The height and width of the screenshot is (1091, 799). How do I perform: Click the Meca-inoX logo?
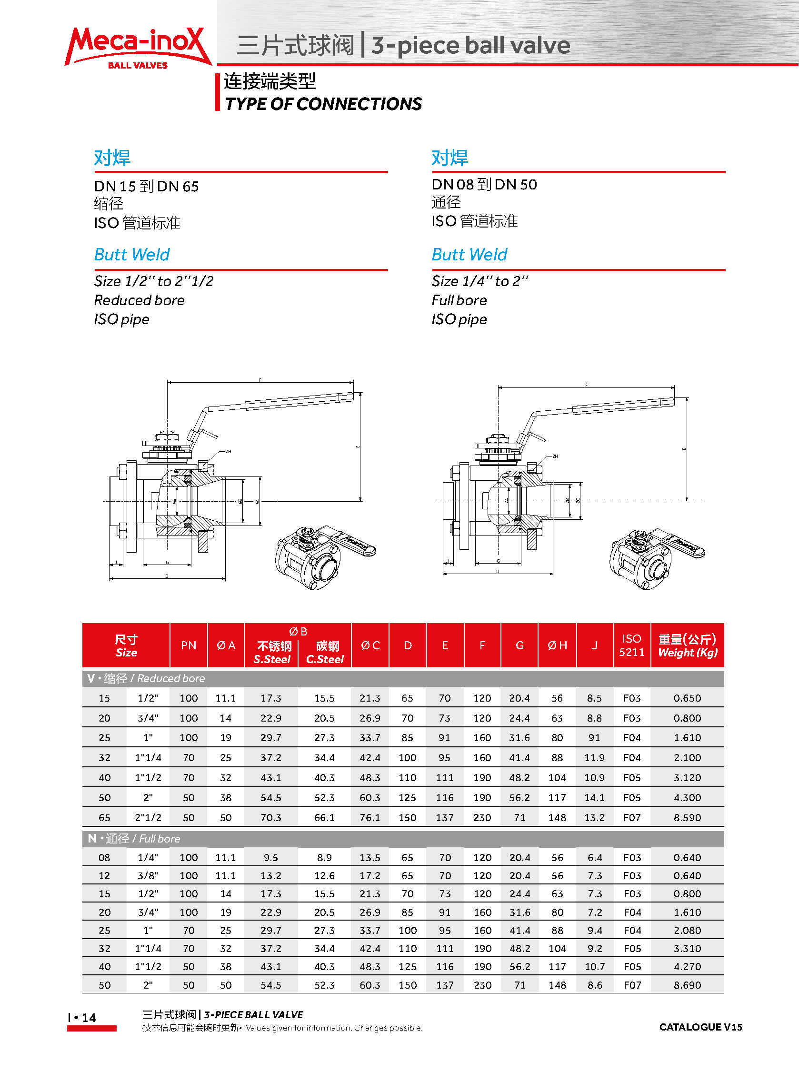click(138, 47)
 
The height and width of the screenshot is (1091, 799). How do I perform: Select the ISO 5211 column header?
click(632, 645)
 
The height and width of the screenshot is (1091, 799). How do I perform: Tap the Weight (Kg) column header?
click(687, 646)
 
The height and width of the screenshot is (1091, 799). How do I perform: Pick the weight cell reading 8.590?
click(687, 817)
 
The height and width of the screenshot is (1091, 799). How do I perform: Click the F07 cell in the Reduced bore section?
click(632, 817)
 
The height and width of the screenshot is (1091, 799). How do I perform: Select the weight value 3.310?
click(687, 948)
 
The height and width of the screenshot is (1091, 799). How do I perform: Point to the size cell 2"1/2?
click(148, 817)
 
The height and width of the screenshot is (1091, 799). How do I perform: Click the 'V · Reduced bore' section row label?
click(146, 678)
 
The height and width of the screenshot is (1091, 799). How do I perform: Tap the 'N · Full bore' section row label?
click(134, 839)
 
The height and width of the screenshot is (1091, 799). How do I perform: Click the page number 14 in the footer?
click(89, 1018)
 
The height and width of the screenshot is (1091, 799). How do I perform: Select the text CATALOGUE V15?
click(700, 1027)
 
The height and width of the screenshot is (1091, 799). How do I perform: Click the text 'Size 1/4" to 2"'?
click(480, 281)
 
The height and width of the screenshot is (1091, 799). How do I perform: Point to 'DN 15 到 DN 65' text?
click(146, 186)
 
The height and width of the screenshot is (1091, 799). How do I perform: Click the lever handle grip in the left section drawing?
click(300, 401)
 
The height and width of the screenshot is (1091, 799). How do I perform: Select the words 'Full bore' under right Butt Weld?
click(459, 300)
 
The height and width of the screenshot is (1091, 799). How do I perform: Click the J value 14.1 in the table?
click(594, 798)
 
